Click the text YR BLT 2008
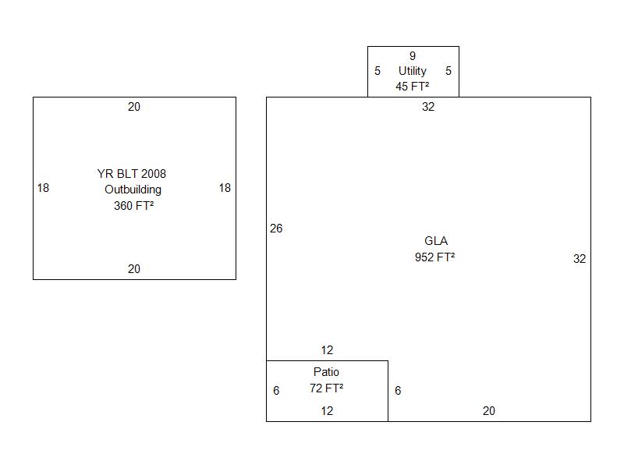point(132,174)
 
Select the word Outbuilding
point(133,190)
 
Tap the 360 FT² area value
point(133,206)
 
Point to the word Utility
point(413,71)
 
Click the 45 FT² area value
point(413,87)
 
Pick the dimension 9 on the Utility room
point(413,56)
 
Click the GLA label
point(436,241)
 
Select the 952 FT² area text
point(435,257)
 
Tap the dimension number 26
point(276,229)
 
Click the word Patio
point(327,372)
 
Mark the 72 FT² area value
point(327,388)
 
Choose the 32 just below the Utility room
point(428,107)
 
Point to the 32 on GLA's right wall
point(580,259)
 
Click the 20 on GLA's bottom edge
point(489,411)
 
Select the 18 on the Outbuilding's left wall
point(43,188)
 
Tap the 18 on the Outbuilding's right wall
point(225,188)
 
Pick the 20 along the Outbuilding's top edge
point(134,107)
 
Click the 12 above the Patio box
point(327,350)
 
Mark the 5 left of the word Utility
point(378,71)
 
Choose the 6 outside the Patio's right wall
point(398,391)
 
